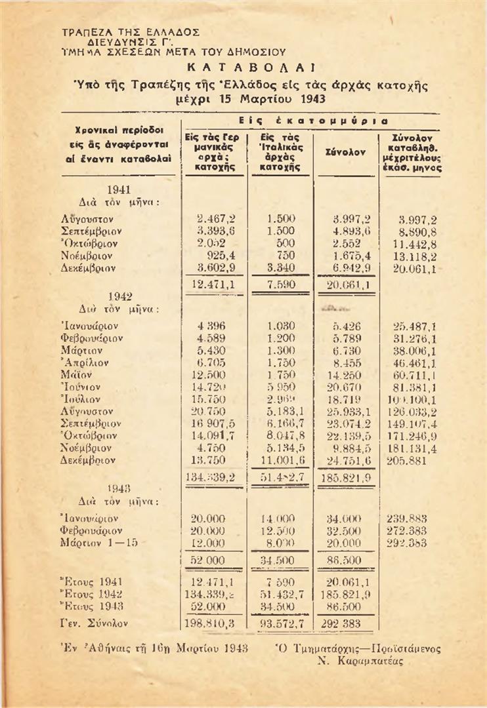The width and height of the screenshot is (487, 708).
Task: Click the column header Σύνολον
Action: click(347, 152)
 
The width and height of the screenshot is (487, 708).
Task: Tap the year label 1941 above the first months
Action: click(121, 189)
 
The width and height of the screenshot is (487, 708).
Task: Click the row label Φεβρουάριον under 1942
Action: click(92, 338)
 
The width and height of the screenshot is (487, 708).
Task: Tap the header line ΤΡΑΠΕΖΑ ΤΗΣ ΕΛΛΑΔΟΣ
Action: click(130, 31)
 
